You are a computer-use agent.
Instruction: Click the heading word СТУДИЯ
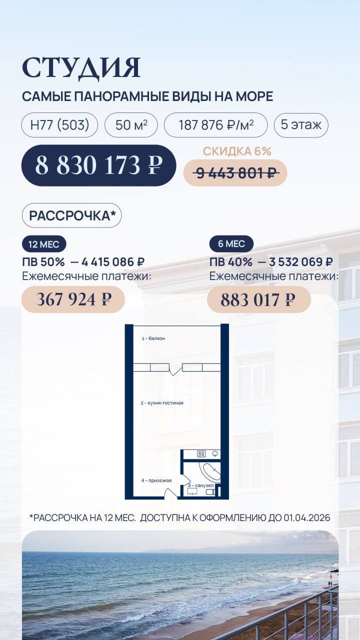[81, 68]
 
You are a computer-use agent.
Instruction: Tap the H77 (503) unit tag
[59, 125]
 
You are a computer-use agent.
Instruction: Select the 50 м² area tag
[131, 125]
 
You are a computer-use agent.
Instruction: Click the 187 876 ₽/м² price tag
[215, 125]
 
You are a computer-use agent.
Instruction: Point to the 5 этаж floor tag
[301, 124]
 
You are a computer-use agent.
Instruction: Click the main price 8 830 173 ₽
[99, 165]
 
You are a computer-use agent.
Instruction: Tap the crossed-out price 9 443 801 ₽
[235, 173]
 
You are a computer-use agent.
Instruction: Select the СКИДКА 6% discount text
[237, 151]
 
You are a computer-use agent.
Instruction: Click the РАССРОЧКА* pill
[71, 215]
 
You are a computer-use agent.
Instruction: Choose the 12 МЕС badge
[44, 244]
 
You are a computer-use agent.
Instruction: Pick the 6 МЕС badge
[231, 243]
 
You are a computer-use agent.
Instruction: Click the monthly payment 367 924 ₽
[73, 299]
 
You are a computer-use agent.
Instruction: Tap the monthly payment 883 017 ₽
[259, 299]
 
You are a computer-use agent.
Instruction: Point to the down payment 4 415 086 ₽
[113, 261]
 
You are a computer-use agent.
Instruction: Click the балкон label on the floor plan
[156, 338]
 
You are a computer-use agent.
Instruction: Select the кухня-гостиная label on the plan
[165, 403]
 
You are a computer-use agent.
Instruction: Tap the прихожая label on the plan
[160, 480]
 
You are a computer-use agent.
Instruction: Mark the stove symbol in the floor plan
[201, 453]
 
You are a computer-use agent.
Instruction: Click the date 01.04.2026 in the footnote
[307, 517]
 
